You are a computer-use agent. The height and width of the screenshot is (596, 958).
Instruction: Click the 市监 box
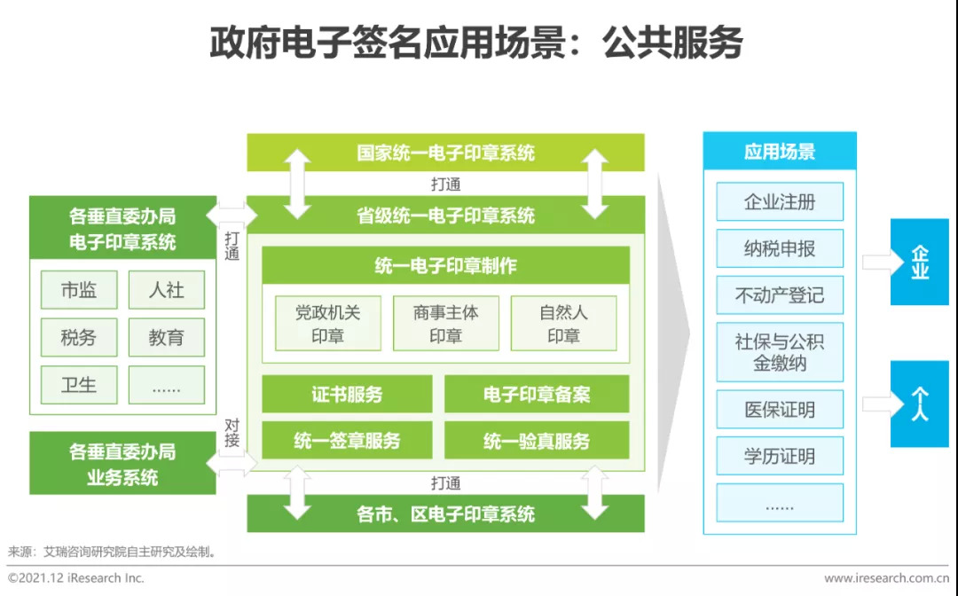78,290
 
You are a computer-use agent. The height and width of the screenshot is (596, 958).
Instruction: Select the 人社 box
166,290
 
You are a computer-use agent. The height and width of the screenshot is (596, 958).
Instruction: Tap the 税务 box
78,338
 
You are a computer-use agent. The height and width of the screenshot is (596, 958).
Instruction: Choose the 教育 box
166,338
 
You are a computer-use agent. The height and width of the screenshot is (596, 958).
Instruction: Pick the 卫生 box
78,385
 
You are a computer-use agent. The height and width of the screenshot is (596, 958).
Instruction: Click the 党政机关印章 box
327,324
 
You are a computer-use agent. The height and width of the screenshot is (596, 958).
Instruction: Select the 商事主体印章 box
445,324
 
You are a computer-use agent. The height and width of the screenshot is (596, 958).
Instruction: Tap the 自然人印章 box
563,324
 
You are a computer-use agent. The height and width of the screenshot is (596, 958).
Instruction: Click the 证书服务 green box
347,394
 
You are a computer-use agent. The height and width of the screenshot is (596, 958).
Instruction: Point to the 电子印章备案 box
537,394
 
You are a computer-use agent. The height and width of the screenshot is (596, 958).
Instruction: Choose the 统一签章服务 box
347,440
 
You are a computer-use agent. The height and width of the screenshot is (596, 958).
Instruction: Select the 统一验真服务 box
537,440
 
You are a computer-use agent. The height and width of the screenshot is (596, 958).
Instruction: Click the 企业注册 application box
780,201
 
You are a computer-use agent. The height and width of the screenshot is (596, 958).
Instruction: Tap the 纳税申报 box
780,248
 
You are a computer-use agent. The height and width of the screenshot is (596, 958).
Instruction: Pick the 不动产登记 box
780,295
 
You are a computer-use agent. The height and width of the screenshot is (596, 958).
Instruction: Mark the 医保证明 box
780,410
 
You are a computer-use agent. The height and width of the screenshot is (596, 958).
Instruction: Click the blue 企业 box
919,262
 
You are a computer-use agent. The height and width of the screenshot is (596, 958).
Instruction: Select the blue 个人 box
919,404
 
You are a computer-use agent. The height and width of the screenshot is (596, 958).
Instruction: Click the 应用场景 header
780,152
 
